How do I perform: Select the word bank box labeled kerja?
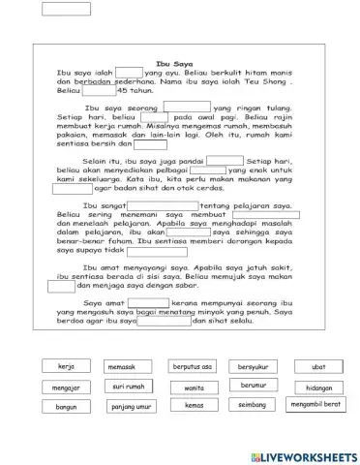(x=67, y=367)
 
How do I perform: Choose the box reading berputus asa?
(x=193, y=367)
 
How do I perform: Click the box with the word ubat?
(x=318, y=367)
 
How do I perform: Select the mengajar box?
(x=66, y=387)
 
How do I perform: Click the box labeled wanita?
(x=194, y=387)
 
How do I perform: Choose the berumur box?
(x=254, y=386)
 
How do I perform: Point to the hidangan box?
(x=318, y=387)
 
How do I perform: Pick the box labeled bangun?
(x=66, y=408)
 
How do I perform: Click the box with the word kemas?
(x=194, y=406)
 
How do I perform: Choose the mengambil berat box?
(x=317, y=403)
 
